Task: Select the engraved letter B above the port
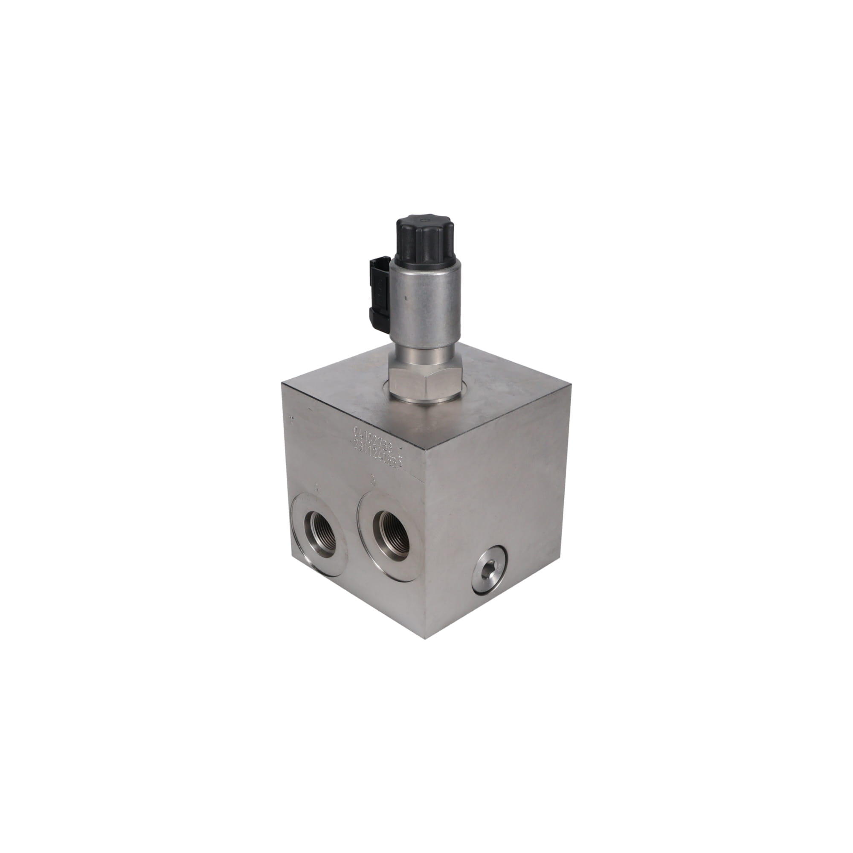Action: point(374,481)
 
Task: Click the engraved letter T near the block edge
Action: point(291,420)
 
